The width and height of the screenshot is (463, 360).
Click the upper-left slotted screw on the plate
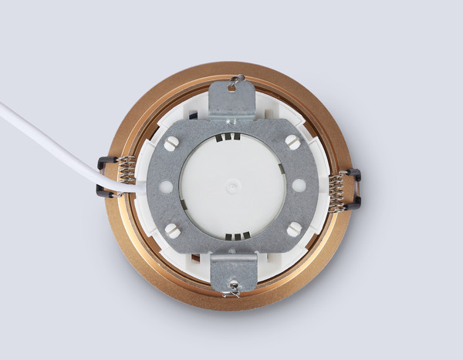pos(171,143)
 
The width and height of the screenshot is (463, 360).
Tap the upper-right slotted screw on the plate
pos(293,142)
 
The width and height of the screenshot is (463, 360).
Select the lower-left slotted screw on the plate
pos(172,230)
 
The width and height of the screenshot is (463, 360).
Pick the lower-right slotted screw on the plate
pos(293,230)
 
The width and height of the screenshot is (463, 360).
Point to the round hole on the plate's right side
pos(299,186)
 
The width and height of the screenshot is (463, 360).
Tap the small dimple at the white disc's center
pos(232,186)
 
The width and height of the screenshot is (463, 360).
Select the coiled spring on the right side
pos(336,192)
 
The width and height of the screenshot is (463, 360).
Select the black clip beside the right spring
pos(353,189)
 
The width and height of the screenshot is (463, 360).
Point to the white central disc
pos(231,166)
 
